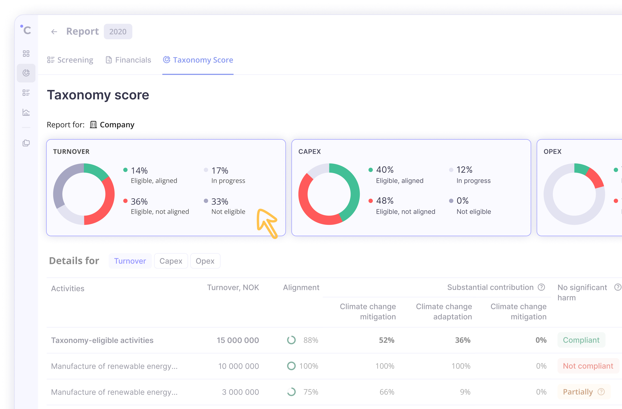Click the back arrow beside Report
tap(54, 32)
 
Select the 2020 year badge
tap(118, 32)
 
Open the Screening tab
tap(70, 60)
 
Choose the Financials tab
tap(128, 60)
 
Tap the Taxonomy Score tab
tap(198, 60)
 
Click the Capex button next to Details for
tap(171, 261)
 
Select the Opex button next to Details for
tap(205, 261)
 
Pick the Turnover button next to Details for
tap(130, 261)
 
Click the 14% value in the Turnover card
tap(139, 170)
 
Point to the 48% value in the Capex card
tap(384, 201)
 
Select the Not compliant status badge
tap(588, 366)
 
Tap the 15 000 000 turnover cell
tap(238, 340)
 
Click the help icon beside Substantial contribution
tap(541, 287)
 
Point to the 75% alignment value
tap(311, 392)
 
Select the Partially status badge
tap(578, 392)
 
